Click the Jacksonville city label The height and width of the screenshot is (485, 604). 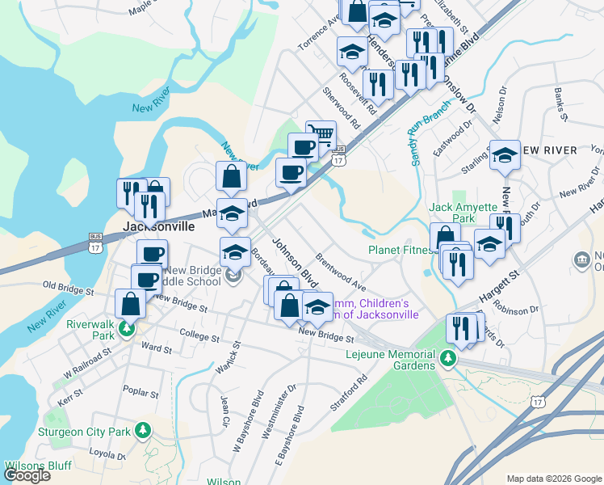(x=158, y=226)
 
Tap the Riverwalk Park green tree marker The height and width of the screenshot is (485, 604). (x=126, y=330)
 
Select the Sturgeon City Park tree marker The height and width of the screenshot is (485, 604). (x=144, y=430)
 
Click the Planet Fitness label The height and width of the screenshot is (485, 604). (x=401, y=250)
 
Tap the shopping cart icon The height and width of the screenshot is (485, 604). (x=321, y=134)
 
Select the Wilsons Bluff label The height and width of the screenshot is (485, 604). (x=38, y=466)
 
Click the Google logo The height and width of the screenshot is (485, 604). (x=27, y=475)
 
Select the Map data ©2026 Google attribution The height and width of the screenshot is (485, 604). (x=554, y=479)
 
